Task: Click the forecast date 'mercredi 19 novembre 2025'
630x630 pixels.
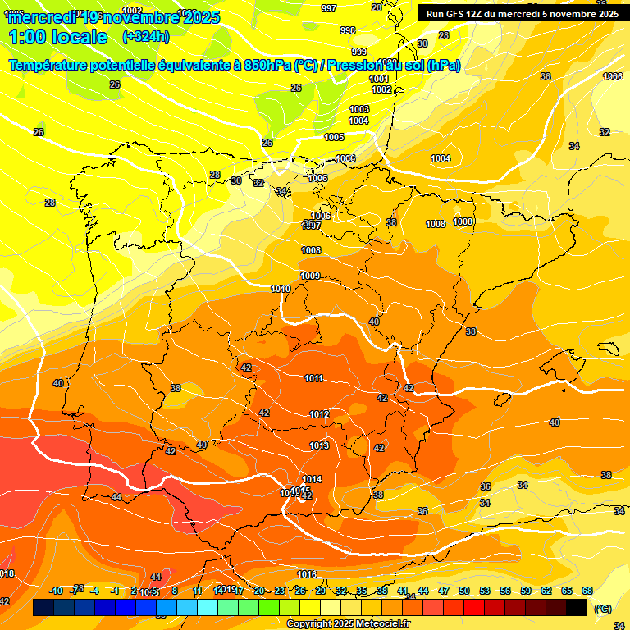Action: (x=115, y=16)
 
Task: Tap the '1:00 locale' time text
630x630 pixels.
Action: (x=58, y=37)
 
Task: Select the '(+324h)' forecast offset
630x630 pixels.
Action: (x=146, y=37)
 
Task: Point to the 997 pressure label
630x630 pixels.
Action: (x=329, y=8)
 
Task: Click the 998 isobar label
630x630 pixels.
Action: (x=348, y=30)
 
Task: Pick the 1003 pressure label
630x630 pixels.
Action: (x=359, y=109)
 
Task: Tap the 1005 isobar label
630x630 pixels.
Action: (x=334, y=137)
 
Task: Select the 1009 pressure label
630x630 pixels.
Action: (x=310, y=276)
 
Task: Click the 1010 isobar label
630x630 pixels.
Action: (x=281, y=289)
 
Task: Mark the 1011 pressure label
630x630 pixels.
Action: (x=313, y=378)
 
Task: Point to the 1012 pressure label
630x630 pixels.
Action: (x=320, y=414)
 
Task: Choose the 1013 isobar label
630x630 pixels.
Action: (x=319, y=445)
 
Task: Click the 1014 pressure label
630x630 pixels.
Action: (x=312, y=479)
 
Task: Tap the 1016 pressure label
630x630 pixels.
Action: (x=307, y=574)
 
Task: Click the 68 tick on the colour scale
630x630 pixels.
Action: (x=587, y=591)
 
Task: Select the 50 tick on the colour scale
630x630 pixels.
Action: (x=464, y=591)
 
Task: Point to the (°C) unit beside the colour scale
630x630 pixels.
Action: (x=602, y=609)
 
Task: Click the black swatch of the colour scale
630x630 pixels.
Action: (x=577, y=608)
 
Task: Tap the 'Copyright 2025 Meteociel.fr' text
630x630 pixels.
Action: (x=348, y=623)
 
